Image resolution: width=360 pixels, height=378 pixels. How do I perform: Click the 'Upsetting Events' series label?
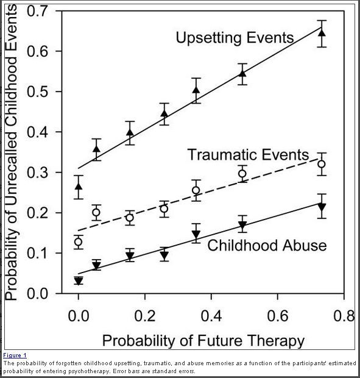(x=235, y=38)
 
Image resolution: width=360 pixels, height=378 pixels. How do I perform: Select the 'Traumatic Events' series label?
(x=248, y=155)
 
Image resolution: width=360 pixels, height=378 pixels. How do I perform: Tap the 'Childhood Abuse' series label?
(x=267, y=246)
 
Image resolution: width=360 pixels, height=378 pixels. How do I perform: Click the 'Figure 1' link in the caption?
(x=15, y=355)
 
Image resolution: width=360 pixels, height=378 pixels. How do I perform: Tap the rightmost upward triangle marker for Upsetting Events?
(x=322, y=33)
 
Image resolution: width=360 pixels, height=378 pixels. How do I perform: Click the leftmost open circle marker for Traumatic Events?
(x=78, y=242)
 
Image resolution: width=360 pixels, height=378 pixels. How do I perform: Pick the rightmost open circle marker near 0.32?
(x=322, y=164)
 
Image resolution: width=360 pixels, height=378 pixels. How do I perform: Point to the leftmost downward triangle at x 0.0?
(x=78, y=281)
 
